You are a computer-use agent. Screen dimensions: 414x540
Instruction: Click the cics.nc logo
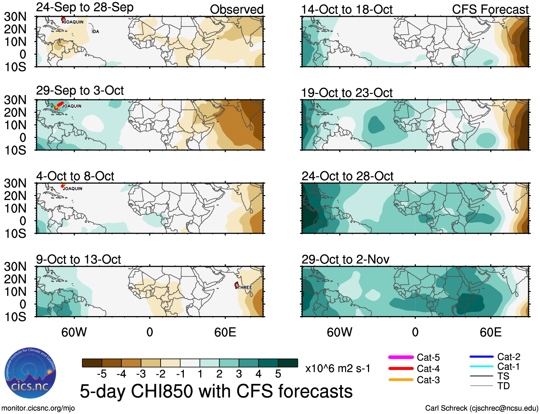tap(30, 373)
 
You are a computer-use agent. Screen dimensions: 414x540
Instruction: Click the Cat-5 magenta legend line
tap(401, 357)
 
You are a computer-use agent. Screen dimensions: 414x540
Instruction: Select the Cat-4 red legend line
tap(401, 368)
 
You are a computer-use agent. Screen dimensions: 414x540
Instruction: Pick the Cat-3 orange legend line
tap(401, 380)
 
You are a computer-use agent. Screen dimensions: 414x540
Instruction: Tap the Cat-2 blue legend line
tap(481, 356)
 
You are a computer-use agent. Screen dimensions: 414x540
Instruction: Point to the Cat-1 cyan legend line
tap(481, 366)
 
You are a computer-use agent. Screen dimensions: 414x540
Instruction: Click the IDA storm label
tap(95, 32)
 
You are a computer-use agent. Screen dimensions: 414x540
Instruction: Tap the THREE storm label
tap(245, 288)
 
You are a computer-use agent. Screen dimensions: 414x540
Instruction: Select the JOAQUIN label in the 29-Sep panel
tap(72, 106)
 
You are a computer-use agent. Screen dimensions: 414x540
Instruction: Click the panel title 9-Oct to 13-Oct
tap(78, 259)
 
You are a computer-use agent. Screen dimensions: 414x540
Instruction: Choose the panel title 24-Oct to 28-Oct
tap(347, 176)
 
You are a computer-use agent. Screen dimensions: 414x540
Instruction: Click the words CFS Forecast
tap(490, 10)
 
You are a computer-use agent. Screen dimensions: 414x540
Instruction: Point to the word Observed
tap(236, 10)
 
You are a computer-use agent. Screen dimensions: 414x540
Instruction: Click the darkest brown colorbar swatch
tap(92, 363)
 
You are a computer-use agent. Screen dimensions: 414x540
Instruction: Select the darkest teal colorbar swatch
tap(288, 363)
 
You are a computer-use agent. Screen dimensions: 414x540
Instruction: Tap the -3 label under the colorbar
tap(141, 374)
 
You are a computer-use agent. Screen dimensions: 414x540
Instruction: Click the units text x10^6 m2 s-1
tap(338, 368)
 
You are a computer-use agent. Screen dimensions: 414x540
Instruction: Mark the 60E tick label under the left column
tap(225, 332)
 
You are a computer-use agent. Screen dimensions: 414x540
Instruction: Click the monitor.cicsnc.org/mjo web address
tap(38, 408)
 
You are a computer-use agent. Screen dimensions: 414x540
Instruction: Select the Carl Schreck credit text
tap(481, 408)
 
